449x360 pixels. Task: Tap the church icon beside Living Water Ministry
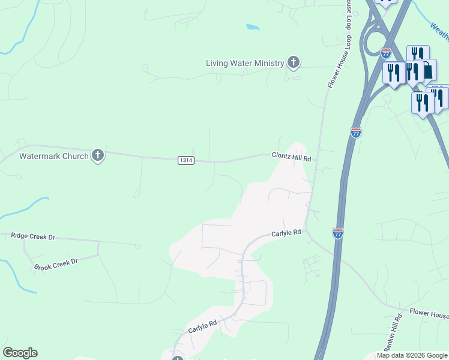(x=293, y=62)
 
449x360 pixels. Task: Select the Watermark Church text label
(x=53, y=156)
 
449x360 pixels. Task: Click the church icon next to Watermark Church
(x=97, y=156)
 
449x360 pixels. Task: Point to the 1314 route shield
(x=186, y=160)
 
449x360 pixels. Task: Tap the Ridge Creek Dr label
(x=33, y=237)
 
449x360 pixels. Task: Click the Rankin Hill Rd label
(x=392, y=332)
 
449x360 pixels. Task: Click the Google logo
(x=20, y=353)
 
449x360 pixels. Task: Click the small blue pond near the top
(x=253, y=27)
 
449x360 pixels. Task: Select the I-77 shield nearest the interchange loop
(x=386, y=53)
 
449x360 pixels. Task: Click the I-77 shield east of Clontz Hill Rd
(x=356, y=133)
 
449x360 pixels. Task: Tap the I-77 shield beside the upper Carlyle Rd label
(x=338, y=233)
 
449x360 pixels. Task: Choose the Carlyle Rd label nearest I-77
(x=286, y=233)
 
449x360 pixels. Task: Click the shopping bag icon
(x=428, y=70)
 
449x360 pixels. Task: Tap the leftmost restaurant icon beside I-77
(x=393, y=74)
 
